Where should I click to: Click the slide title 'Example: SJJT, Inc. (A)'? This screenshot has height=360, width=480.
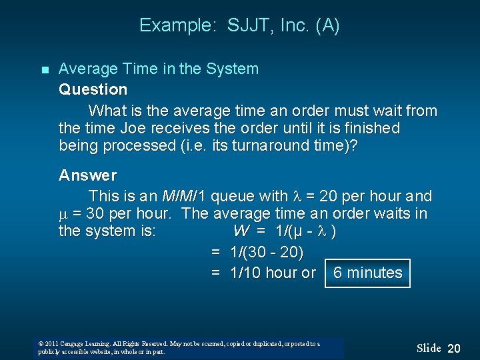pos(239,26)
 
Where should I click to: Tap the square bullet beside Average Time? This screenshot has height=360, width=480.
pos(44,69)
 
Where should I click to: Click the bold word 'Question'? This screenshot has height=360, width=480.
pos(93,89)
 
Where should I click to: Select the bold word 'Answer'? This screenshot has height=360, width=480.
pos(87,175)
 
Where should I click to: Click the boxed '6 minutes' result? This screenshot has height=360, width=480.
pos(367,273)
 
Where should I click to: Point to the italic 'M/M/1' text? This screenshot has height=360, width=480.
pos(184,196)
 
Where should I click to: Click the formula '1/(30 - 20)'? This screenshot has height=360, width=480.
pos(267,252)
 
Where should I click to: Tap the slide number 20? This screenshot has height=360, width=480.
pos(454,348)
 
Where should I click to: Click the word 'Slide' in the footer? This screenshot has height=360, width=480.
pos(429,348)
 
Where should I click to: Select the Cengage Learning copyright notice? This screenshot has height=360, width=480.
pos(179,347)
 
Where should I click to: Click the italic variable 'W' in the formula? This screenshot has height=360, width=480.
pos(241,231)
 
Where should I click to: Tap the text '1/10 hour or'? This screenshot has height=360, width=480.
pos(272,273)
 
